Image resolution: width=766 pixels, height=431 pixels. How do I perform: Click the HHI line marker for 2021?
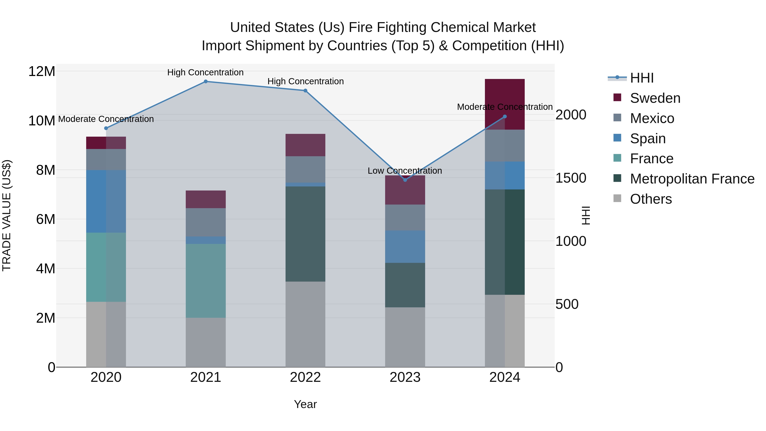pyautogui.click(x=206, y=82)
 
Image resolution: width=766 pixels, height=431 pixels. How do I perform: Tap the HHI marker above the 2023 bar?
pyautogui.click(x=405, y=180)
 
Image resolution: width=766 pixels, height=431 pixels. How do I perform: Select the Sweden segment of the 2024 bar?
pyautogui.click(x=505, y=104)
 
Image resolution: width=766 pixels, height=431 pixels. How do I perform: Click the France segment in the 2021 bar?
pyautogui.click(x=206, y=281)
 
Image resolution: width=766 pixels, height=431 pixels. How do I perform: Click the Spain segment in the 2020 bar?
pyautogui.click(x=106, y=201)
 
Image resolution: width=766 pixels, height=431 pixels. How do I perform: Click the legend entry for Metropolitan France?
pyautogui.click(x=692, y=179)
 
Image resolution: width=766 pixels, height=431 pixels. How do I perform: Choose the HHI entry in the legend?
pyautogui.click(x=642, y=78)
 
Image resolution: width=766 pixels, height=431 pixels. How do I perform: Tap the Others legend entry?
pyautogui.click(x=651, y=199)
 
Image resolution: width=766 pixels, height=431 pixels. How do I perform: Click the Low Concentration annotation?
pyautogui.click(x=405, y=171)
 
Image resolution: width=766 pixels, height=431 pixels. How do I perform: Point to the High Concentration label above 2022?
pyautogui.click(x=305, y=81)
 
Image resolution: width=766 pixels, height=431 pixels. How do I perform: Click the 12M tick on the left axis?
pyautogui.click(x=42, y=71)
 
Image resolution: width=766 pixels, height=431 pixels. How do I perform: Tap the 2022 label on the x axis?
pyautogui.click(x=305, y=377)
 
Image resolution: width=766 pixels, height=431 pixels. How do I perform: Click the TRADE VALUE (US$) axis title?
pyautogui.click(x=7, y=215)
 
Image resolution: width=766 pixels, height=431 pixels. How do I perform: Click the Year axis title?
pyautogui.click(x=305, y=404)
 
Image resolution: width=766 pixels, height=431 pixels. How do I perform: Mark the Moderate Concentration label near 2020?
pyautogui.click(x=106, y=119)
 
